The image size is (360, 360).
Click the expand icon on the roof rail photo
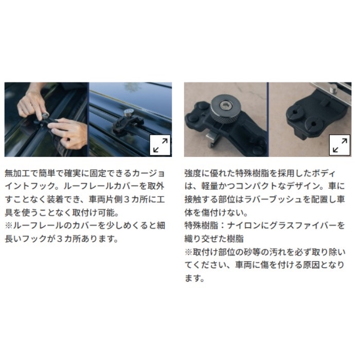[160, 145]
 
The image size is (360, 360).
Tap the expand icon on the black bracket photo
[340, 145]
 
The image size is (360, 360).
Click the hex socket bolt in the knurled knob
[225, 106]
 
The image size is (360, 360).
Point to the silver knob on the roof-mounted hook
[128, 113]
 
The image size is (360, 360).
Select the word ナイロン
[244, 225]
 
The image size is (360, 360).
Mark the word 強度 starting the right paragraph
[193, 173]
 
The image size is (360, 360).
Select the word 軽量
[210, 186]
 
